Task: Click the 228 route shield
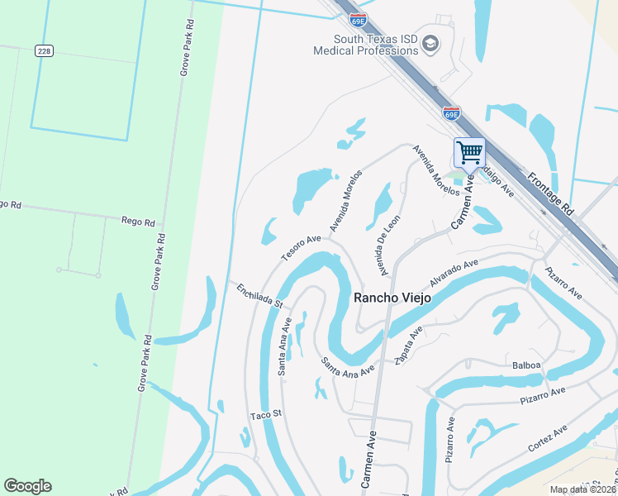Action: (x=45, y=50)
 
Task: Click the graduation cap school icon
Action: (x=430, y=43)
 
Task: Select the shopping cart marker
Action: (x=469, y=152)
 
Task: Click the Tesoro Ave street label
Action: (x=301, y=248)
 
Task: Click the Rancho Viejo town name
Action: (x=392, y=298)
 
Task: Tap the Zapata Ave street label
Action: (x=408, y=343)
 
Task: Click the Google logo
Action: (x=27, y=486)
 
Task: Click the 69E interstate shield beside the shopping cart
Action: (x=451, y=113)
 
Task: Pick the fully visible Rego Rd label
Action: (x=138, y=222)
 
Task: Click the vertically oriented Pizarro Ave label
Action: (x=450, y=440)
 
